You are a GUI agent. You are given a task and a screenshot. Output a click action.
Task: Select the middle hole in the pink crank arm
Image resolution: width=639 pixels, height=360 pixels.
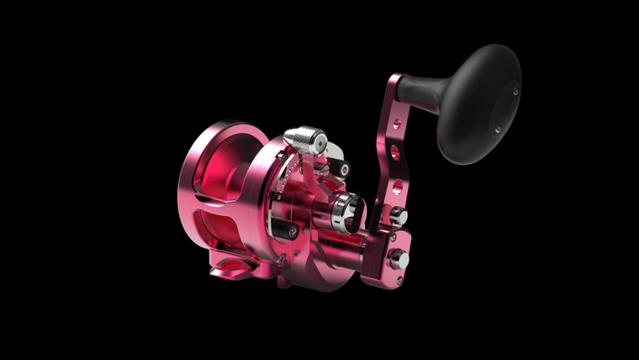394,154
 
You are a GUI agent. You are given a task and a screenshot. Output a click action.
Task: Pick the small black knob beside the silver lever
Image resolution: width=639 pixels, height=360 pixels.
344,168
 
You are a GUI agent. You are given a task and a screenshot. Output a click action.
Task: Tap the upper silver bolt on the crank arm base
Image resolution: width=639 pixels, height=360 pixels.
400,217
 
